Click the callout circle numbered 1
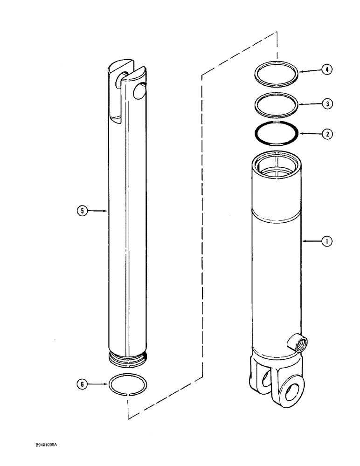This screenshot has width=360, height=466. coord(327,241)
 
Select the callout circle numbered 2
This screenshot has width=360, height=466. coord(327,133)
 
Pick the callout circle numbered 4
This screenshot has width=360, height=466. coord(327,70)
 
